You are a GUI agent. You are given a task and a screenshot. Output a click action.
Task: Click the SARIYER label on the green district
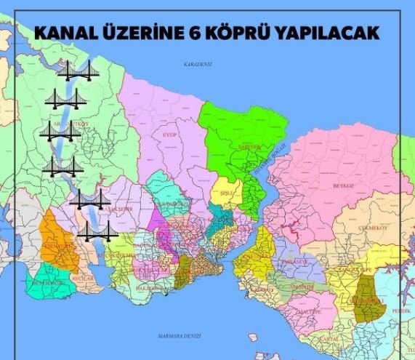tap(249, 146)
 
